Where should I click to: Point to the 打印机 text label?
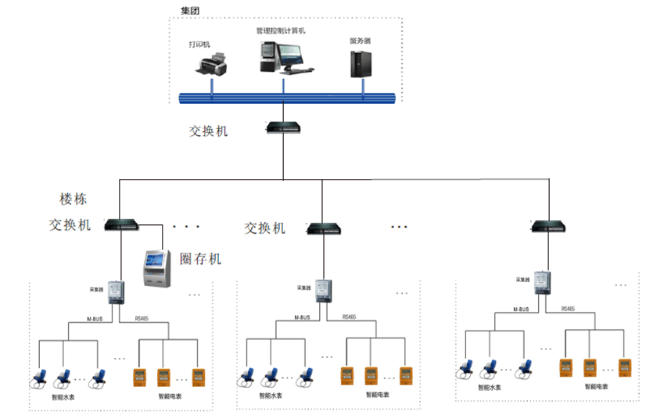[x=199, y=45]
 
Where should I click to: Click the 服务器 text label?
[x=360, y=40]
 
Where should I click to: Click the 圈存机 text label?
[x=200, y=259]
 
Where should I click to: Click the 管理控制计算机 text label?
[x=280, y=30]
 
